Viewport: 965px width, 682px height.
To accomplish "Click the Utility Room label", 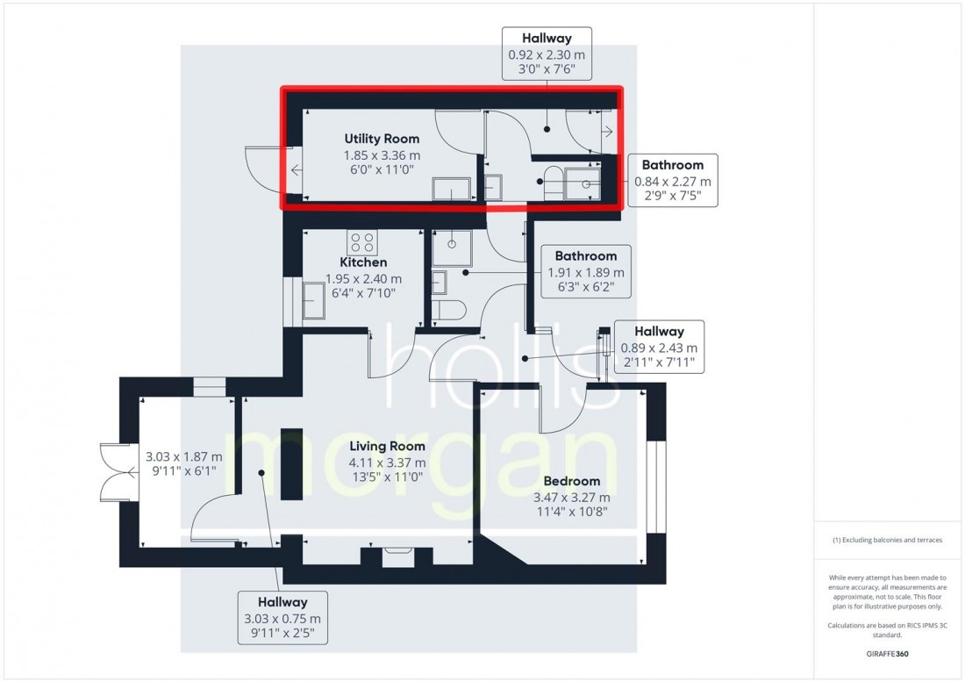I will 381,139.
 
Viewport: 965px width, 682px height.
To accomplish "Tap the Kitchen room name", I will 363,262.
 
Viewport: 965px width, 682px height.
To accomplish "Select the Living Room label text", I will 387,447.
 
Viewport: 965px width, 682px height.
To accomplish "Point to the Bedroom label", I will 571,481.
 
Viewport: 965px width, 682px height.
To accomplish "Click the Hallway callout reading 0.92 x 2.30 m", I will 546,54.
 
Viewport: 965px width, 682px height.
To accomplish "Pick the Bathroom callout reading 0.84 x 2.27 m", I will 672,180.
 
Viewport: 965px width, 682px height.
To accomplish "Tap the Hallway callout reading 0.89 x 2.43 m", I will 659,346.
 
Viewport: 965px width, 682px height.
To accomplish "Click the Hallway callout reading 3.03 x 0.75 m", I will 282,618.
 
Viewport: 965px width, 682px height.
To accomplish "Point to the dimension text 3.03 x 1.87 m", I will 184,464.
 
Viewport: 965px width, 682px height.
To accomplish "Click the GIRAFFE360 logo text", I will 888,656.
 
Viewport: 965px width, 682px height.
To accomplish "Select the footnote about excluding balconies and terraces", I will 888,540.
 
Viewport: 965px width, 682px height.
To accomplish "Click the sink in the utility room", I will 451,190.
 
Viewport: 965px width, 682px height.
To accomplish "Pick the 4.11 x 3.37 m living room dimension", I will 387,463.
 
